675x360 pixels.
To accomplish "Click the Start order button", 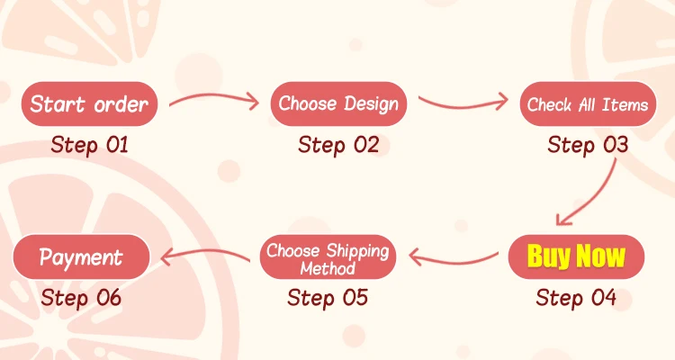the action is [x=89, y=103].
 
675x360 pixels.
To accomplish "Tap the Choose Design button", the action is [x=338, y=103].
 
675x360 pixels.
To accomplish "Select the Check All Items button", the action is [x=587, y=104].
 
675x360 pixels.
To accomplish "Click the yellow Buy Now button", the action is [x=576, y=256].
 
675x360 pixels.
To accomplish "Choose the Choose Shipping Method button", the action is [x=328, y=258].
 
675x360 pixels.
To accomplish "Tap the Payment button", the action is [x=81, y=257].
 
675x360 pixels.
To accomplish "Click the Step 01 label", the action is [x=90, y=144].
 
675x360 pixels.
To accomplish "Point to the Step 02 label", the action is [x=338, y=144].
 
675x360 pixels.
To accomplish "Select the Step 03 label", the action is [x=588, y=144].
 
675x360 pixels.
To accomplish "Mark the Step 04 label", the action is [x=576, y=297].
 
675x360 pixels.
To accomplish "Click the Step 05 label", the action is [x=328, y=297].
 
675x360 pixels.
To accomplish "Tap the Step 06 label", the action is [x=81, y=297].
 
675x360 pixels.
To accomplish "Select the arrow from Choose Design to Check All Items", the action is [x=463, y=101].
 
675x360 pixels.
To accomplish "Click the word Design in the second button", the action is [x=370, y=103].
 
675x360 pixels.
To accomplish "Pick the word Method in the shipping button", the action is [x=328, y=268].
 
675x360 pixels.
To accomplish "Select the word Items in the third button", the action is [x=626, y=104].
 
